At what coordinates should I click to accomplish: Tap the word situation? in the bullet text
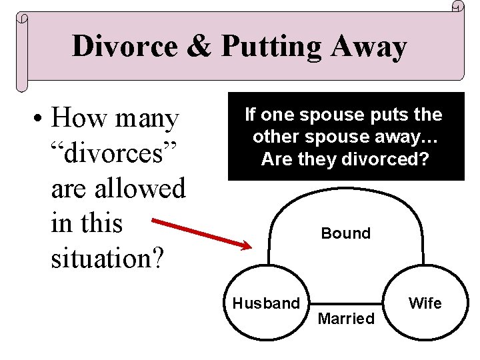tap(106, 257)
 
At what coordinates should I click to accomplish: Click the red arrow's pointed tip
tap(251, 247)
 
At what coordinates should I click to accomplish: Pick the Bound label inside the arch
tap(345, 233)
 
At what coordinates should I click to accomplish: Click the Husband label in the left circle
tap(266, 303)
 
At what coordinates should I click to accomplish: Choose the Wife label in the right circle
tap(425, 303)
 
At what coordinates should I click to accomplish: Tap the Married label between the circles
tap(346, 319)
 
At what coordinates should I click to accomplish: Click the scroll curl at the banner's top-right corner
tap(457, 6)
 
